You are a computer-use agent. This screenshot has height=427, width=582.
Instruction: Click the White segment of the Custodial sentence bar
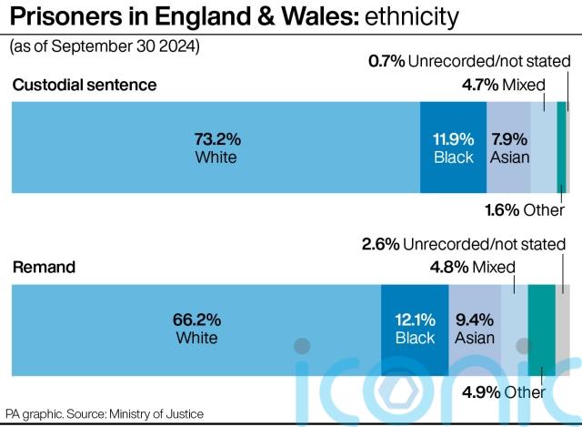tap(216, 147)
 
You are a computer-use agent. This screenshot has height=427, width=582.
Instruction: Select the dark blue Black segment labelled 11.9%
tap(453, 147)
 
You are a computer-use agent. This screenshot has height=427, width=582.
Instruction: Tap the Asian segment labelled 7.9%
tap(508, 147)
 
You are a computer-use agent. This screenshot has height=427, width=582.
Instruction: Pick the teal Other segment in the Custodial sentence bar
tap(561, 147)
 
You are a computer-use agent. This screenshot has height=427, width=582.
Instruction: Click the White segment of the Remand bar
tap(196, 329)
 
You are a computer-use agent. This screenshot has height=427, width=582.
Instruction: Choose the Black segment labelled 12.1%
tap(415, 329)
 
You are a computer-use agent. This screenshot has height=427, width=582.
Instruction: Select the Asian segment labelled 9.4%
tap(475, 329)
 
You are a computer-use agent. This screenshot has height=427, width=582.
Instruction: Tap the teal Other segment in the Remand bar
tap(541, 329)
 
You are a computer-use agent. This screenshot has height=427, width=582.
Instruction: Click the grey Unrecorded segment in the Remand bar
tap(563, 329)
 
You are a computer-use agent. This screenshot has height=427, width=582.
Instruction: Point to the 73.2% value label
tap(216, 138)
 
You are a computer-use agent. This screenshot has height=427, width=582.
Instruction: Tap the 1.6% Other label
tap(525, 210)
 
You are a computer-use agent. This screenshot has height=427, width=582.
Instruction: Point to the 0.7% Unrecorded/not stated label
tap(468, 62)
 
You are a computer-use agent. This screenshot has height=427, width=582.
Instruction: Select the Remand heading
tap(44, 268)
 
